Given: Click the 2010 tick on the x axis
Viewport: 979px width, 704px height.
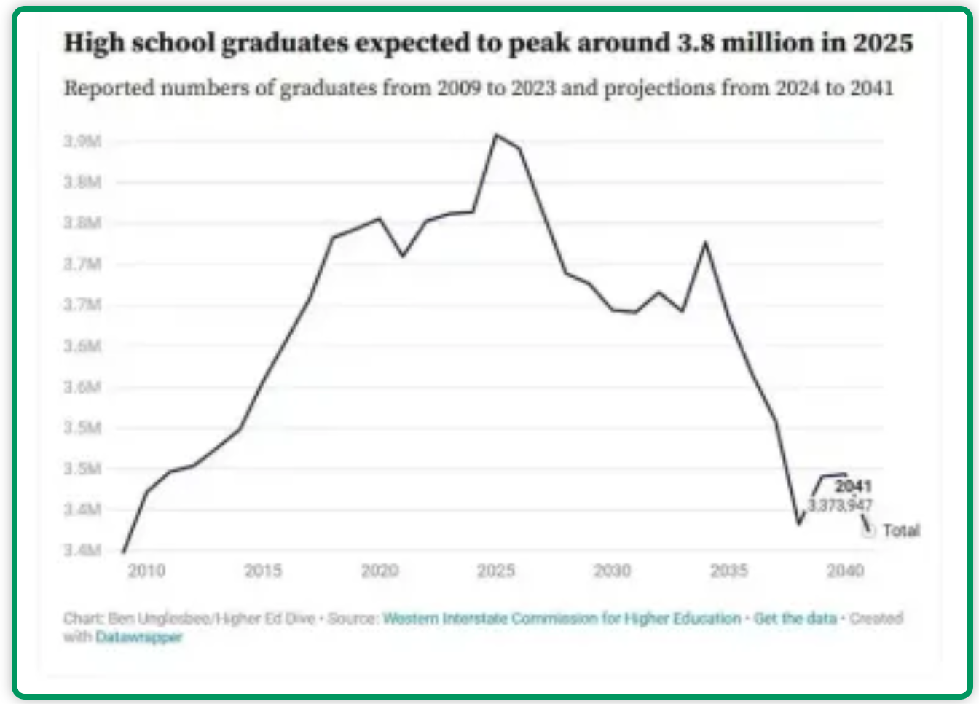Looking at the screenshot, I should [146, 571].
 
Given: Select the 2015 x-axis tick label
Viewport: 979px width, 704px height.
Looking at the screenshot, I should [263, 571].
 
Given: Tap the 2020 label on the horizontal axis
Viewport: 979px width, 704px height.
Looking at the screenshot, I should [380, 571].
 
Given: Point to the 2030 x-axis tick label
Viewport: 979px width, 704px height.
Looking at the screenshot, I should [612, 571].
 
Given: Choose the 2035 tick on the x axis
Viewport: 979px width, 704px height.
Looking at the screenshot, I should [728, 571].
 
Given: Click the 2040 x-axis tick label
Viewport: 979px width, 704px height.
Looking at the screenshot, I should [845, 571].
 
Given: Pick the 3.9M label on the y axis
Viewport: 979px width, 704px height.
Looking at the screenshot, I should [82, 141].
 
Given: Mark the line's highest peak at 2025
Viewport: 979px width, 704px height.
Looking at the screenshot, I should [496, 135].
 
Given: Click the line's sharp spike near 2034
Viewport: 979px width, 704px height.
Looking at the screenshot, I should [705, 243].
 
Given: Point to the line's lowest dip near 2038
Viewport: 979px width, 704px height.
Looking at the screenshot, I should [799, 523].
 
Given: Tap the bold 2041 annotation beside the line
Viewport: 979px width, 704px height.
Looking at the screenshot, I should [853, 486].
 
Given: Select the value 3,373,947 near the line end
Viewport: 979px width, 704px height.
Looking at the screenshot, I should [840, 505].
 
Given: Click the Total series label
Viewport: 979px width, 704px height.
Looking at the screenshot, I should [901, 531].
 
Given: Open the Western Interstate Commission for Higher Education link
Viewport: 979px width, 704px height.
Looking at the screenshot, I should [562, 619].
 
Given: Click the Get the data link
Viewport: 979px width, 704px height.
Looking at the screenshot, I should [795, 619].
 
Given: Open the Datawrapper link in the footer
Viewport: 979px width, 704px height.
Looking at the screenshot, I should [138, 637].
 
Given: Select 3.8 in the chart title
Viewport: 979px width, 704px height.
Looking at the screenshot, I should [696, 43].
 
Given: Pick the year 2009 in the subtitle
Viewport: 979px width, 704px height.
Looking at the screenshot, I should [458, 88].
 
